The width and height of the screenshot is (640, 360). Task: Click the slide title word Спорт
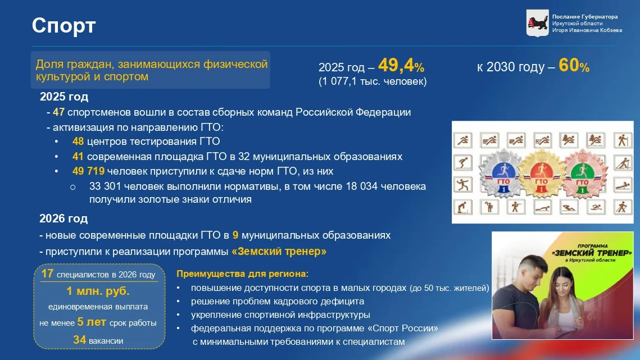click(63, 26)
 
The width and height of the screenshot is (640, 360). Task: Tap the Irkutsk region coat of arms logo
click(537, 23)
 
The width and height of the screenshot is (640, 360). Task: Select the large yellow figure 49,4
click(396, 65)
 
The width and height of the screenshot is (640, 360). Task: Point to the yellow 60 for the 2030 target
click(569, 65)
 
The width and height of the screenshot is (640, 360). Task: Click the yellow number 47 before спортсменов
click(59, 112)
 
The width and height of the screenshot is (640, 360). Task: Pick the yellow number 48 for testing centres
click(78, 141)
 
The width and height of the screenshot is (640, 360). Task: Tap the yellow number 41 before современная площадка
click(78, 156)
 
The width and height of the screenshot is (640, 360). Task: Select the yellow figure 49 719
click(88, 171)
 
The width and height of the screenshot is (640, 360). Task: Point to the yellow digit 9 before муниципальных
click(235, 235)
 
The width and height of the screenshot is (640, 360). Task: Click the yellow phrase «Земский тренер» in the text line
click(279, 252)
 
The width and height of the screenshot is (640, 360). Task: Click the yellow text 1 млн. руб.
click(98, 291)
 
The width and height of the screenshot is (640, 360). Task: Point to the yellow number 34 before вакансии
click(80, 340)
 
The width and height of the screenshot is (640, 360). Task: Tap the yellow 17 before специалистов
click(47, 274)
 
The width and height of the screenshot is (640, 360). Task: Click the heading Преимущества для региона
click(241, 274)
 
